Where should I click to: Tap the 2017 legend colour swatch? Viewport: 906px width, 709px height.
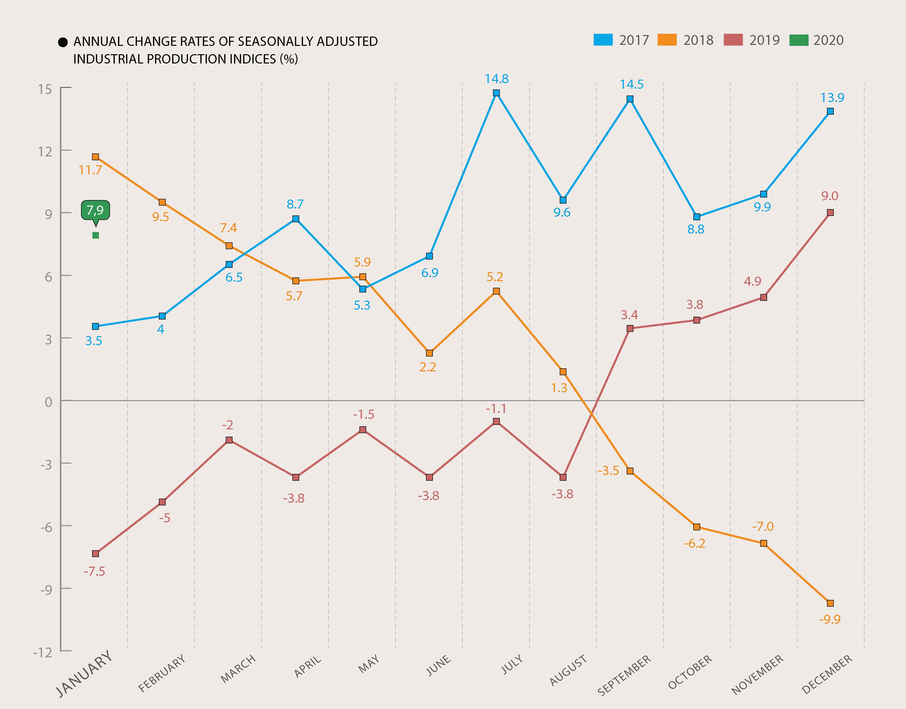pos(603,40)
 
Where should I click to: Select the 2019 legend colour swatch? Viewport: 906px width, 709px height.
pos(733,40)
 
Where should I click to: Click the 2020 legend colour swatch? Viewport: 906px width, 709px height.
pos(799,40)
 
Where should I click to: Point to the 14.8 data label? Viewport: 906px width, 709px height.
pos(497,79)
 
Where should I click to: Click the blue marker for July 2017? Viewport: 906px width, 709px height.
pos(496,93)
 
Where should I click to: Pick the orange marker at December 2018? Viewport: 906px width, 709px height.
pos(830,603)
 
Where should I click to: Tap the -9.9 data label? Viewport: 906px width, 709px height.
pos(830,619)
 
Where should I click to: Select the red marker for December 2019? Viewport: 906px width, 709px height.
pos(830,213)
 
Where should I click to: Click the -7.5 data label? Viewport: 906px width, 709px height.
pos(95,571)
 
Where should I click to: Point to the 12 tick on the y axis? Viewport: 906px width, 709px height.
pos(45,151)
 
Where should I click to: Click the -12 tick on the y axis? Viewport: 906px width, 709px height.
pos(43,652)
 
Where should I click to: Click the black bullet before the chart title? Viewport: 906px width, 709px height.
pos(63,42)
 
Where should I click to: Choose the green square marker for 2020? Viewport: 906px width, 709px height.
pos(95,236)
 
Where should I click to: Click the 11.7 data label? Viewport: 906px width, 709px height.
pos(90,170)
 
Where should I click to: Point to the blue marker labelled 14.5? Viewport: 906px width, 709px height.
pos(630,99)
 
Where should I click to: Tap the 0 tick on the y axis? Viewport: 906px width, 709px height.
pos(49,402)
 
